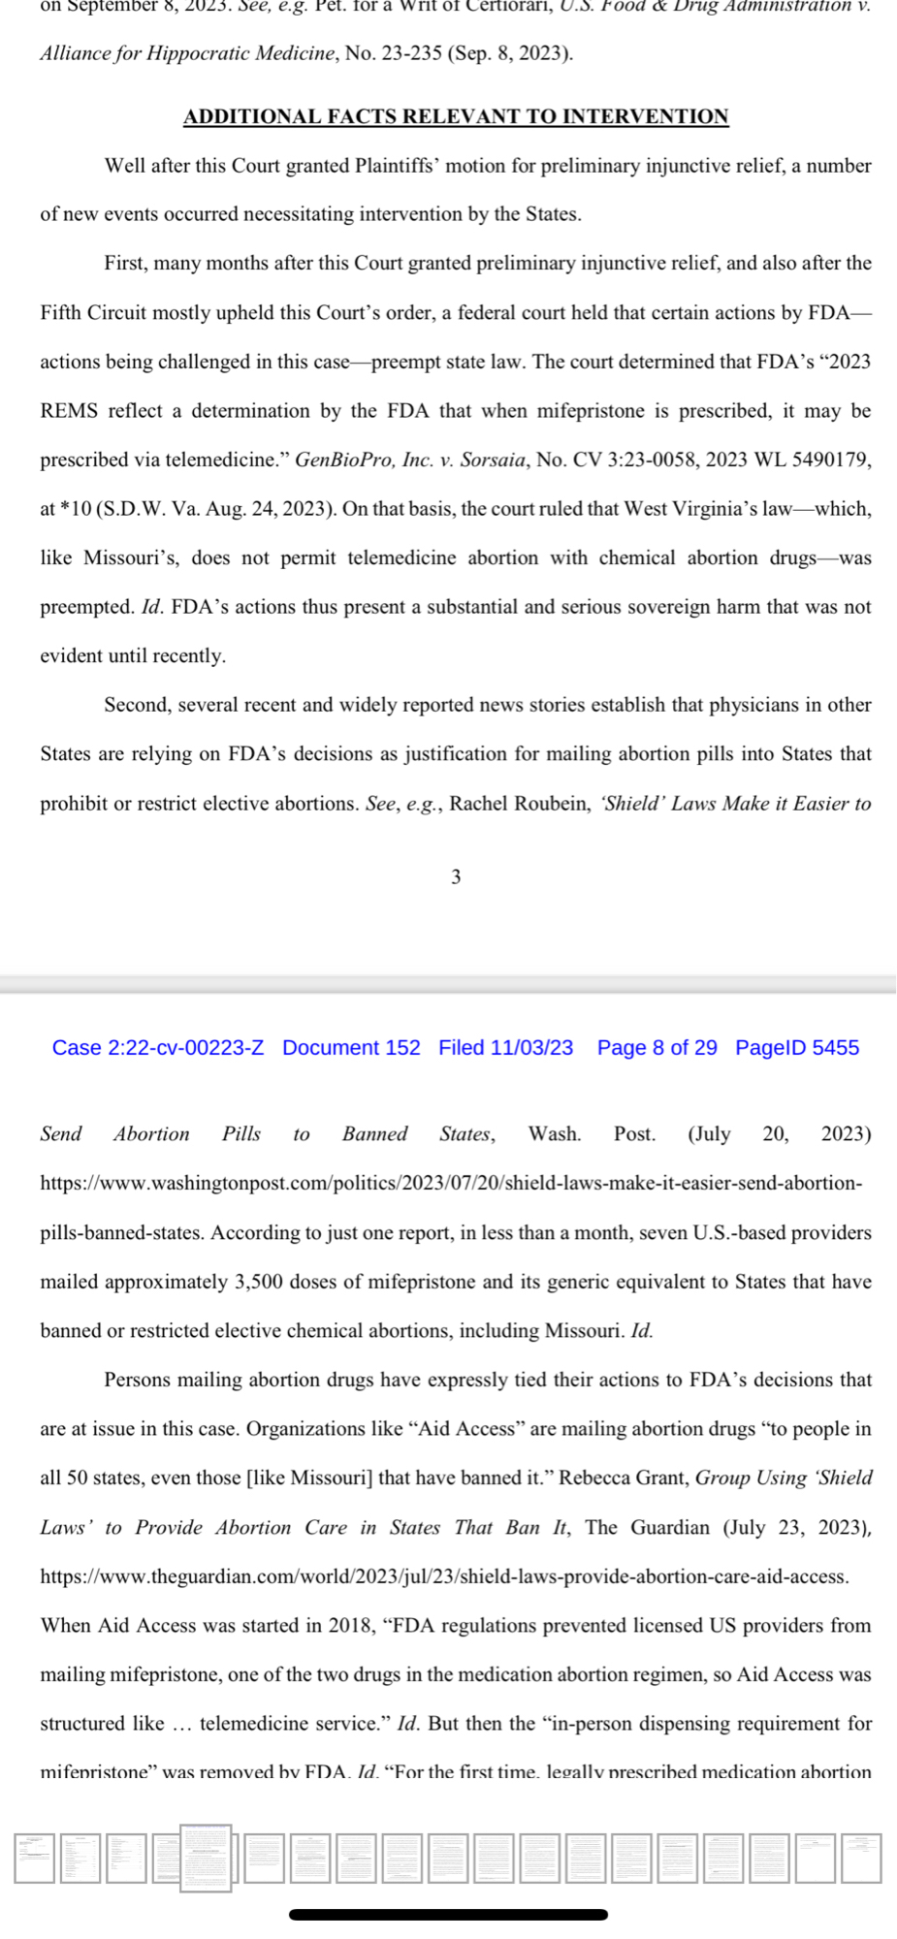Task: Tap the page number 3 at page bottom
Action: coord(456,876)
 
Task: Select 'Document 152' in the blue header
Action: coord(351,1047)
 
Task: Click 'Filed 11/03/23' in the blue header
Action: coord(505,1047)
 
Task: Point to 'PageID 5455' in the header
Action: coord(796,1047)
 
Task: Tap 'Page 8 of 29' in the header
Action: coord(657,1047)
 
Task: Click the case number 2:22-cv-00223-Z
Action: coord(158,1047)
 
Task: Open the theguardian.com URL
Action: coord(444,1576)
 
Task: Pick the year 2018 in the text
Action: coord(352,1625)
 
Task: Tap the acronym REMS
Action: coord(69,411)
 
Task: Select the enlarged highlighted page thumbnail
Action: coord(206,1857)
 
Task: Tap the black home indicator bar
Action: coord(448,1915)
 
